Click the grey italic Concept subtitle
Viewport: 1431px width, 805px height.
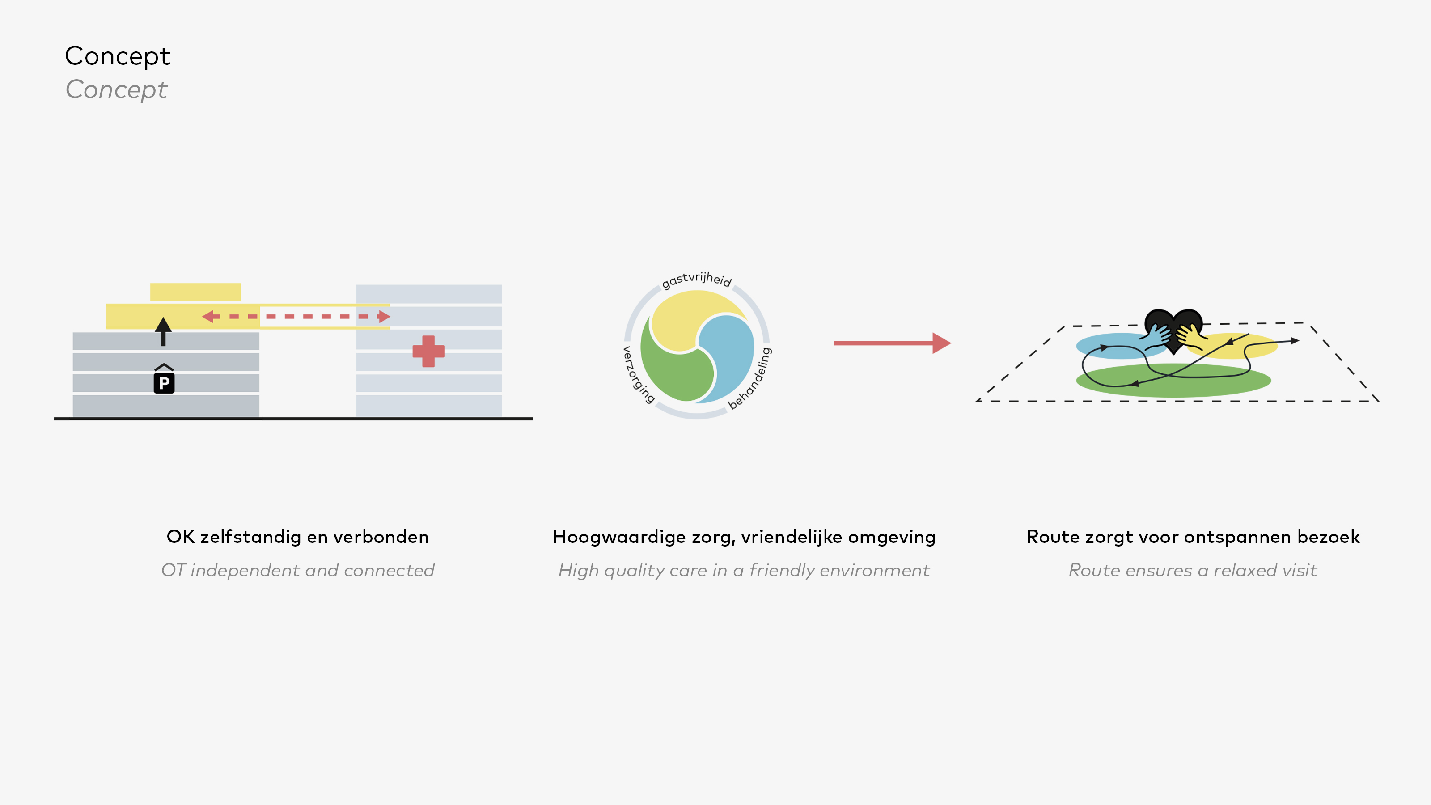(x=116, y=90)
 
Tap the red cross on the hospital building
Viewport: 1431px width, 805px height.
(x=428, y=351)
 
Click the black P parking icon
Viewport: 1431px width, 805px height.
(x=164, y=382)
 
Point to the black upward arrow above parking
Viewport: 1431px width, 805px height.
(x=163, y=332)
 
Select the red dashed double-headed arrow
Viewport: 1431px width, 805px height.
(x=296, y=317)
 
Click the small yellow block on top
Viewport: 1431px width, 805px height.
(x=195, y=292)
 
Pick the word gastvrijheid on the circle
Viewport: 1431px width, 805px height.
(x=697, y=280)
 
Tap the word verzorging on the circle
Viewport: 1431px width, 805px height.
(x=637, y=374)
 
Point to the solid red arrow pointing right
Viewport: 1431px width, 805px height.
(x=892, y=343)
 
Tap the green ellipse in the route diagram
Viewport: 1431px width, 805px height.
(x=1173, y=381)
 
